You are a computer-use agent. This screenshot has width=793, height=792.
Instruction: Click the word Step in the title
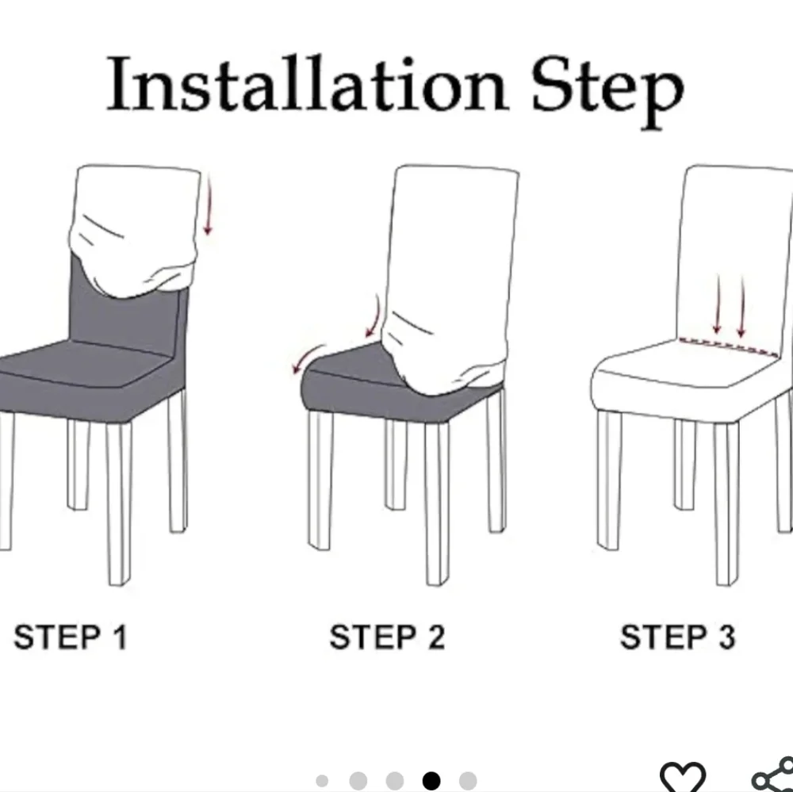[x=607, y=91]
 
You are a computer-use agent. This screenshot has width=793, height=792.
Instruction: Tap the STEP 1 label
[x=71, y=637]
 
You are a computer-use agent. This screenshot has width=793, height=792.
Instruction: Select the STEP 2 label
[x=387, y=637]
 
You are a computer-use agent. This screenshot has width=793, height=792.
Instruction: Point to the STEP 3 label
[x=677, y=637]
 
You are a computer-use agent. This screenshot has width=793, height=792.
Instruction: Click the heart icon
[x=682, y=777]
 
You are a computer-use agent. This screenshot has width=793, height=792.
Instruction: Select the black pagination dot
[x=431, y=780]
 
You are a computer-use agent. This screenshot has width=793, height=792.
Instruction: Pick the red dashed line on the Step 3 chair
[x=729, y=347]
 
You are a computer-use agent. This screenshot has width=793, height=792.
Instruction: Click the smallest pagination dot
[x=322, y=781]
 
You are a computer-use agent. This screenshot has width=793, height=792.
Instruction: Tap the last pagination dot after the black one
[x=468, y=780]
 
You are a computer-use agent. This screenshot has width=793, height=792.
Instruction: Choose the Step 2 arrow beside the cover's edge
[x=374, y=316]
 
